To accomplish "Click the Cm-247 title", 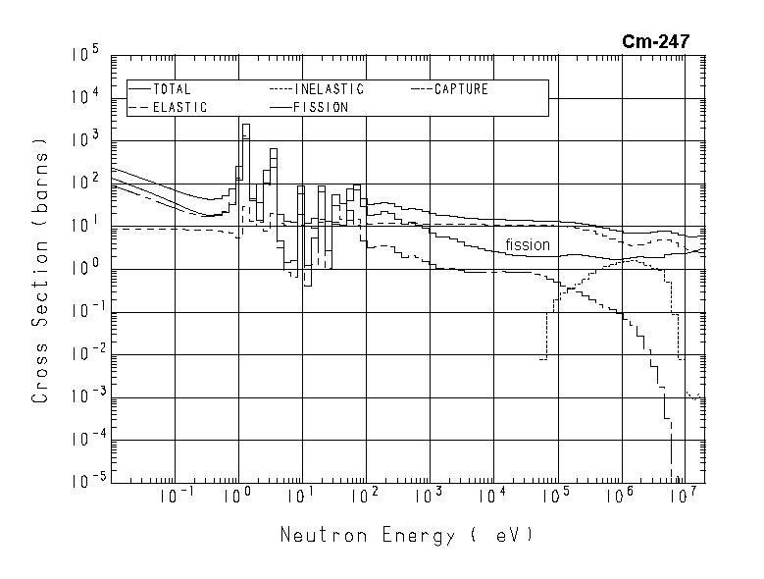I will click(x=655, y=41).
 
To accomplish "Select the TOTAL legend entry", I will click(x=172, y=89).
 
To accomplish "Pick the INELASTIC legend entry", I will click(x=330, y=89).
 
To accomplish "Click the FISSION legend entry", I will click(x=321, y=108).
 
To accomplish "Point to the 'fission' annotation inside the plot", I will click(x=528, y=244).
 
